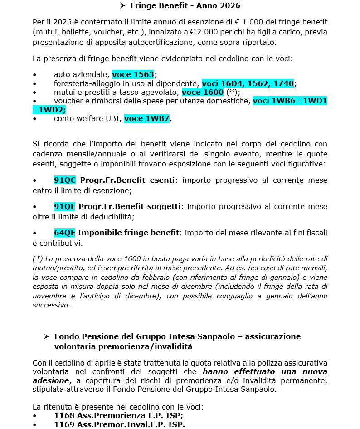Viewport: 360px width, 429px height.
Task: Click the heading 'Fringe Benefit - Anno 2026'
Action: (185, 6)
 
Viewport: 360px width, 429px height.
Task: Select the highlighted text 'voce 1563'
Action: (133, 74)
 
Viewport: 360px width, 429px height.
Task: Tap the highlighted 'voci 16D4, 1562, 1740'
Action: (248, 83)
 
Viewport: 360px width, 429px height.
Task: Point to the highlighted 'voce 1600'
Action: (202, 92)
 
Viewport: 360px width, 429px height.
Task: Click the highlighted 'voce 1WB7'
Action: (146, 119)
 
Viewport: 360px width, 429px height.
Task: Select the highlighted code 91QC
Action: (64, 180)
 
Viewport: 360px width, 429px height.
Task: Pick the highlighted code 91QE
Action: (64, 207)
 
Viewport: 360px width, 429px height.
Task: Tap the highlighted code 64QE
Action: (64, 233)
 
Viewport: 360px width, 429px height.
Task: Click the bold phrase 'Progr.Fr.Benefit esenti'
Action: (127, 180)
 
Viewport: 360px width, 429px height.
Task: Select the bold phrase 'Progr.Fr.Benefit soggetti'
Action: (130, 207)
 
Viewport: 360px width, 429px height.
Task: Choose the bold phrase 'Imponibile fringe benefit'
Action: (128, 233)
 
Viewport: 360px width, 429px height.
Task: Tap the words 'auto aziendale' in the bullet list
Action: (81, 74)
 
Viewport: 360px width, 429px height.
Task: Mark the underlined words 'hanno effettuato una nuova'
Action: (265, 372)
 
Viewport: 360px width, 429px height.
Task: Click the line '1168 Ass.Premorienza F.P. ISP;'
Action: (119, 415)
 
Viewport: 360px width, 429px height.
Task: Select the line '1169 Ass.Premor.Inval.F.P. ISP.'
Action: (120, 424)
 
